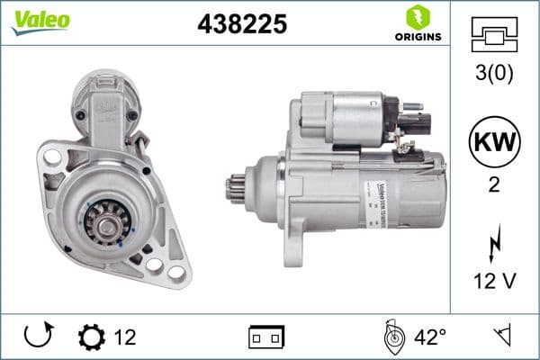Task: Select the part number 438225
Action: (x=241, y=24)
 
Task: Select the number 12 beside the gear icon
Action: (x=125, y=338)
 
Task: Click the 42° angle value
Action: (x=430, y=338)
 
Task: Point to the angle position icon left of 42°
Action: (x=392, y=337)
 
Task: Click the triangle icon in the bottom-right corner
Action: (x=501, y=337)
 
